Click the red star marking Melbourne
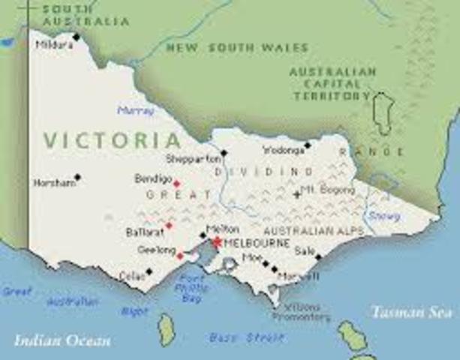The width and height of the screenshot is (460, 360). coord(217,242)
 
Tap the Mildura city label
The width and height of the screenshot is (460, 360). coord(54,45)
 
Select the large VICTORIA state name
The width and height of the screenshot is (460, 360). coord(112,140)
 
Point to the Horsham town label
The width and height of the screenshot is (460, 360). coord(55,182)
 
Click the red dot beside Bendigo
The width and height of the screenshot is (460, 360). coord(176,184)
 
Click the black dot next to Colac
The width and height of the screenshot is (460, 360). coord(149,271)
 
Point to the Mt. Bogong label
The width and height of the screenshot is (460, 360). coord(327,190)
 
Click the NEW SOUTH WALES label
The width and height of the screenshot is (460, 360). coord(236,47)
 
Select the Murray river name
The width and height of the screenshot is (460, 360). coord(135,110)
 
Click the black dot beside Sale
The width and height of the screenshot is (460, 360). coord(318,256)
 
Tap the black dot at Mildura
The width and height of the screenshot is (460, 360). coord(76,36)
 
